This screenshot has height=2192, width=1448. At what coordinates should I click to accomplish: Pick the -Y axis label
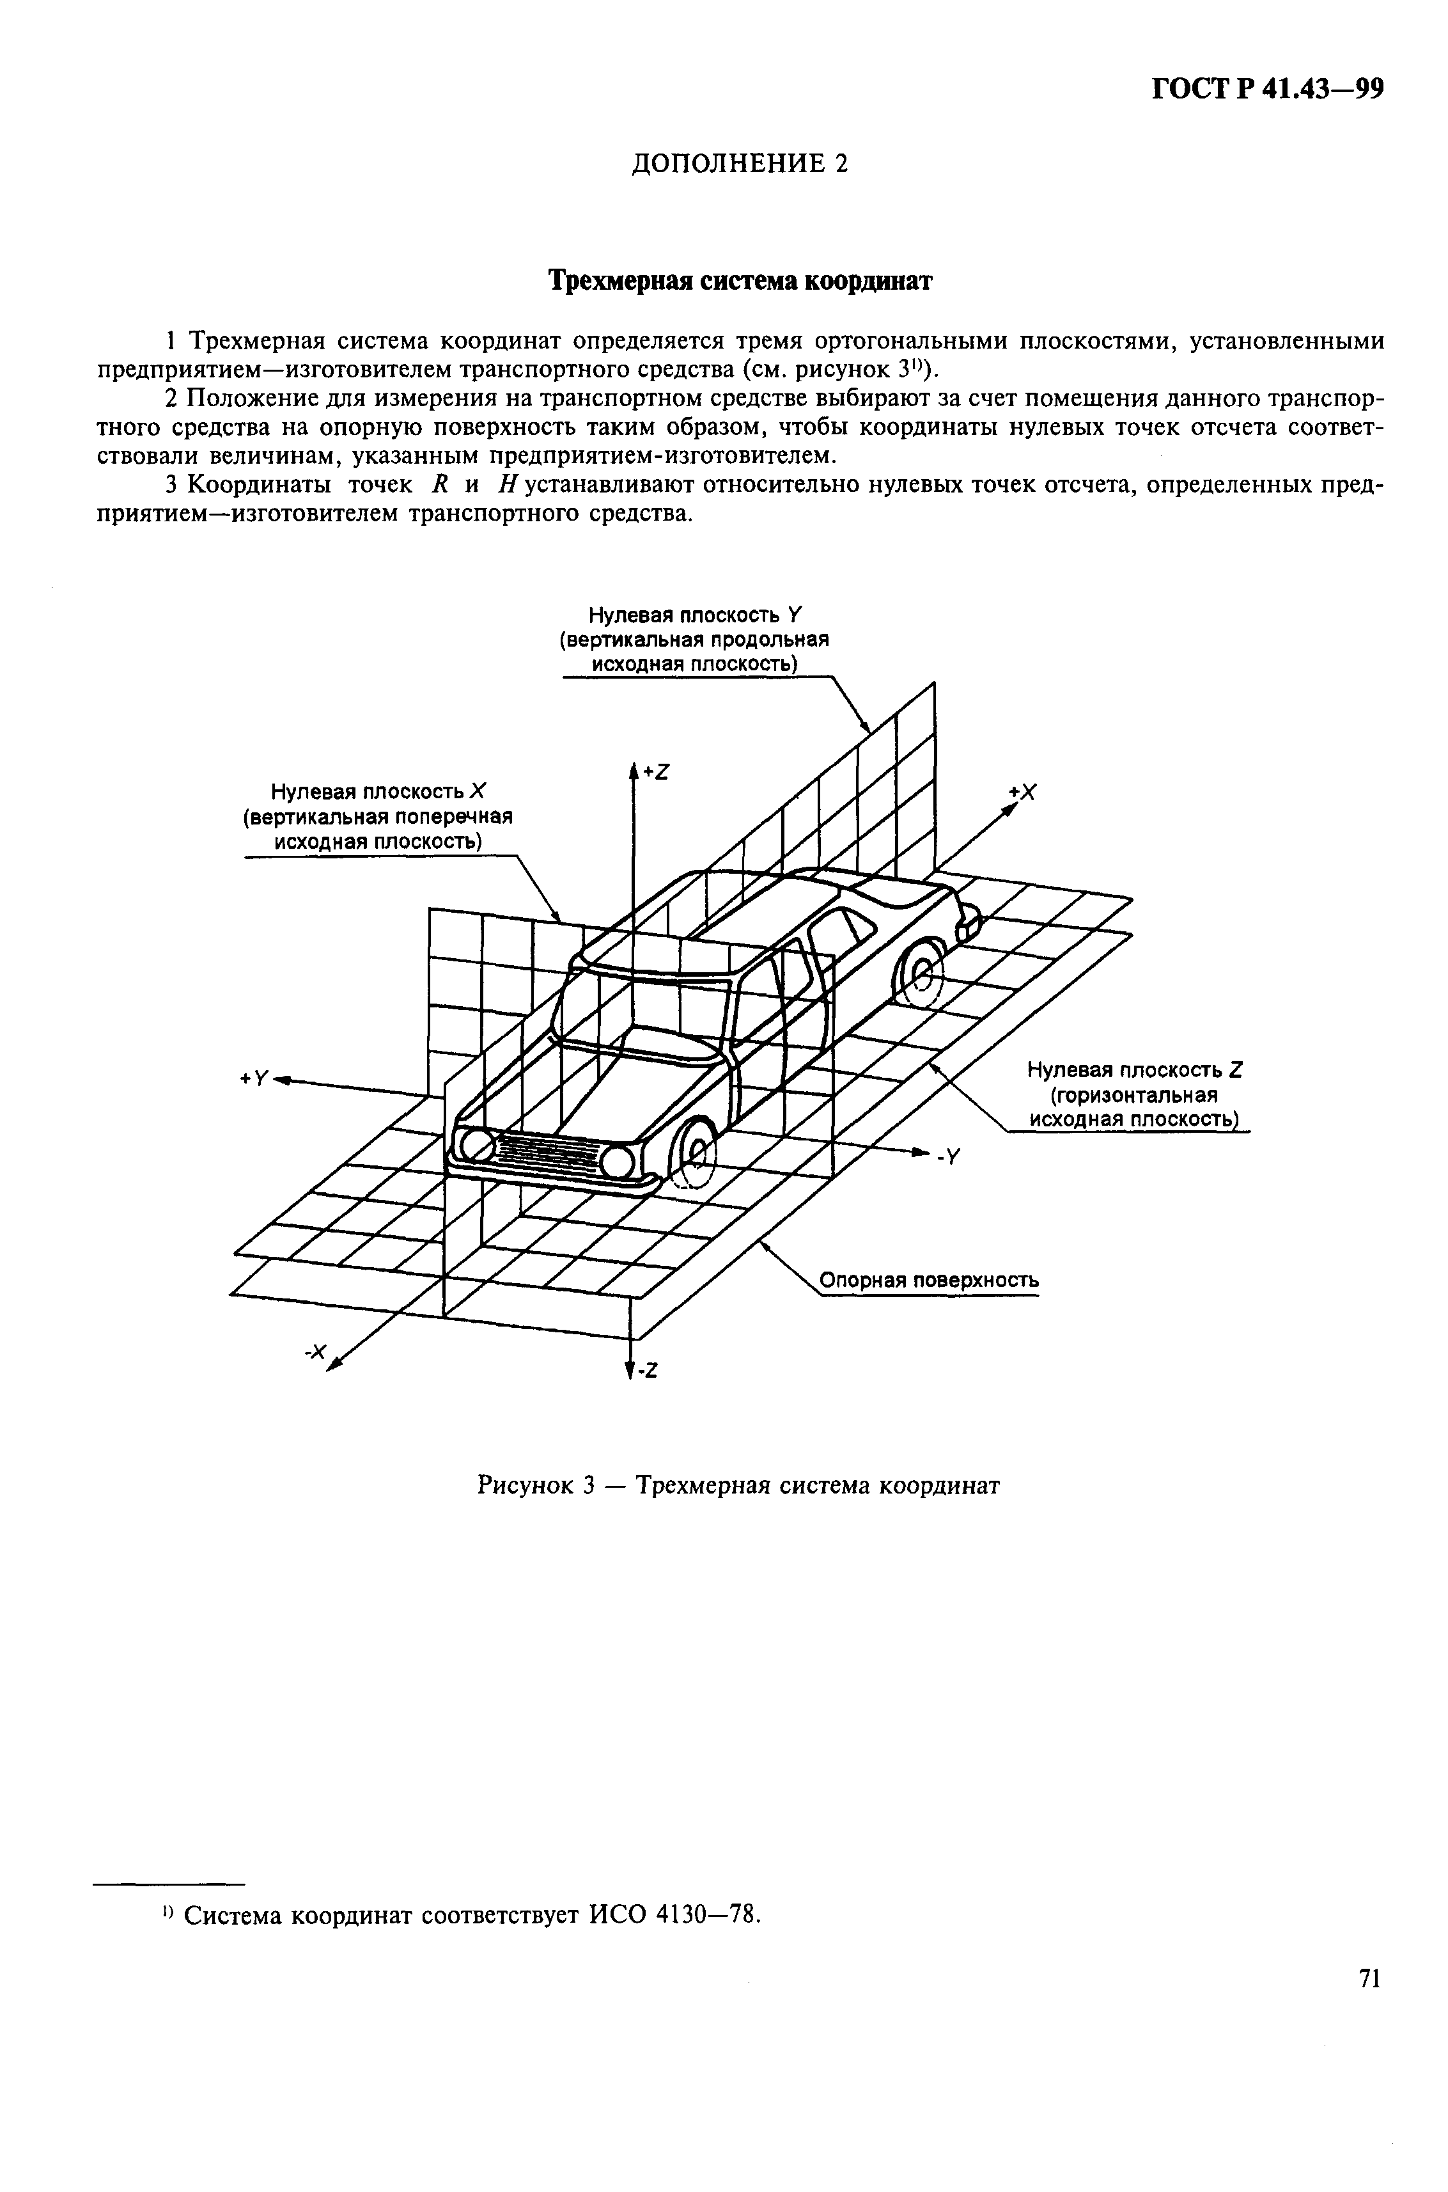pos(950,1156)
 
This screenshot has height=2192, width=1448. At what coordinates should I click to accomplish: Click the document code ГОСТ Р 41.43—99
pos(1267,90)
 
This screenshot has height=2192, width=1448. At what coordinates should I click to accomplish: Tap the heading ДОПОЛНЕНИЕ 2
pos(739,164)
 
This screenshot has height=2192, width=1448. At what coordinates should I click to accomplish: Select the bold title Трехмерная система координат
pos(741,280)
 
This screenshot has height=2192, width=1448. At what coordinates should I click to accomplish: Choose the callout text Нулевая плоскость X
pos(378,792)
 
